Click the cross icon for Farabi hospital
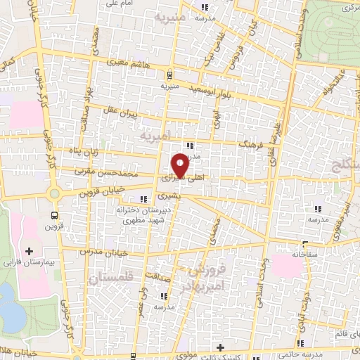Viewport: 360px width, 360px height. coord(29,250)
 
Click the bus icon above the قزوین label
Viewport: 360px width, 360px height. coord(56,217)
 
